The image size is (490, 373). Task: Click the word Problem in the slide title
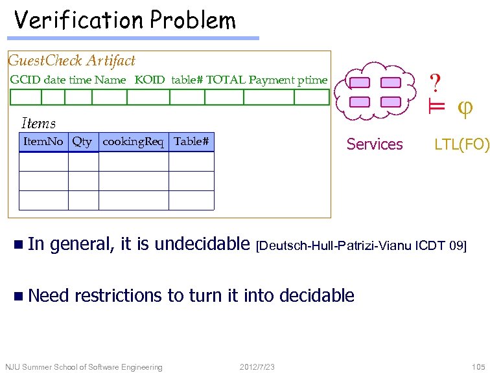tap(192, 21)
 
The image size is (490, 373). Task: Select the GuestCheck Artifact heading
tap(71, 61)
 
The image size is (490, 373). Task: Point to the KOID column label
tap(150, 80)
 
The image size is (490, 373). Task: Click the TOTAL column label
tap(226, 80)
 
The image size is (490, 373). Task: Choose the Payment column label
tap(272, 80)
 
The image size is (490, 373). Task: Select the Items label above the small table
tap(38, 123)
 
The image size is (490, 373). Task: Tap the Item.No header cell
tap(43, 142)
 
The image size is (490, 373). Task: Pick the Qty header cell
tap(82, 142)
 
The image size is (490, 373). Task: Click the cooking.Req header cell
tap(133, 142)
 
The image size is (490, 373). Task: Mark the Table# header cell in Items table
tap(191, 142)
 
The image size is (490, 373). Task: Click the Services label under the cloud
tap(375, 144)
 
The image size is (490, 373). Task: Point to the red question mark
tap(436, 83)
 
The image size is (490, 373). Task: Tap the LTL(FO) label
tap(461, 144)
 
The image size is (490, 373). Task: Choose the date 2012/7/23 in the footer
tap(257, 367)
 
